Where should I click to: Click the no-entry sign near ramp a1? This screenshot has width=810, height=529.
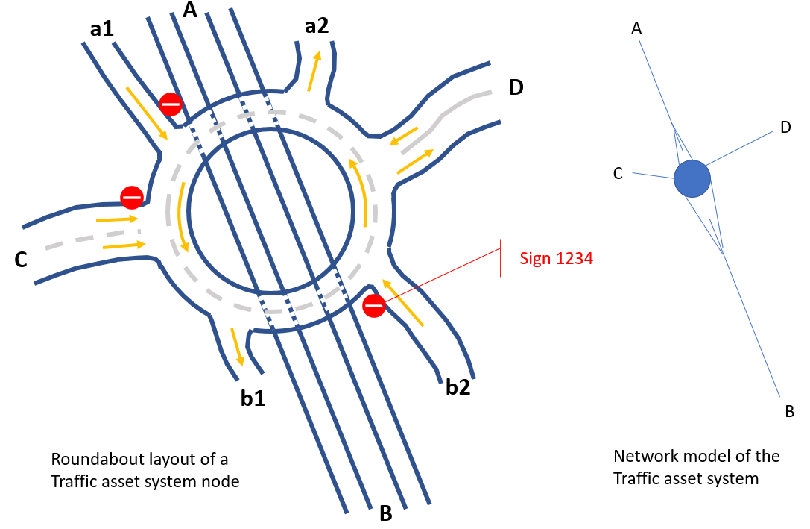pos(171,104)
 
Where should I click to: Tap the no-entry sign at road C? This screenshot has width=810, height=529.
pos(132,197)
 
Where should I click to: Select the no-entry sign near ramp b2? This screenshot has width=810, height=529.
pos(374,305)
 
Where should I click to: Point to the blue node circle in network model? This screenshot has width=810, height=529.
pos(692,179)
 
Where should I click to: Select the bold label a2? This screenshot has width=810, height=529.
pos(317,26)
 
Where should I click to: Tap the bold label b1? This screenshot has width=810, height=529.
pos(253,398)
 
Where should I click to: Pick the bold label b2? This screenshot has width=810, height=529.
pos(458,387)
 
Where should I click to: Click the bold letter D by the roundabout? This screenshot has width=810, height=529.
pos(516,87)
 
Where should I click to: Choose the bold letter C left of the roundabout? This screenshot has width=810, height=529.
pos(22,260)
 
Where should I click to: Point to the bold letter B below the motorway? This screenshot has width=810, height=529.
pos(386,513)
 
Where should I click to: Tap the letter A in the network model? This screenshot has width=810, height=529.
pos(636,28)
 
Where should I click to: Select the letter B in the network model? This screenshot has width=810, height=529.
pos(789,411)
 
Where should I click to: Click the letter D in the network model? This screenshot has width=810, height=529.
pos(785,128)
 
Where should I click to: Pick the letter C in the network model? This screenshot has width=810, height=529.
pos(618,174)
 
